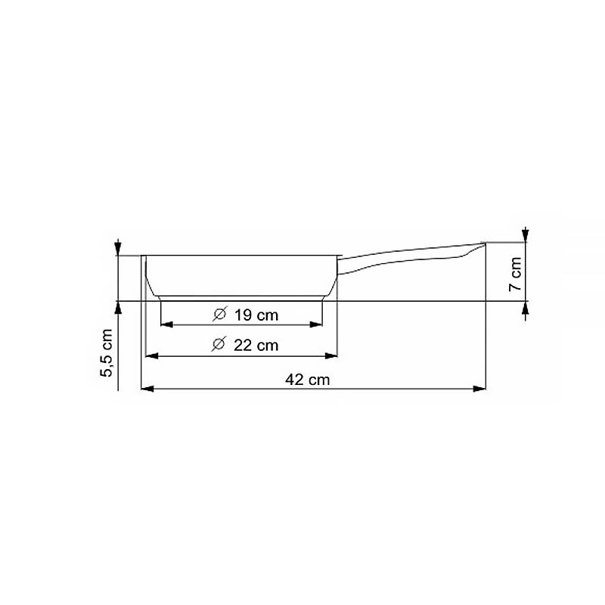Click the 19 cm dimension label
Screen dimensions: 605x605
click(x=256, y=315)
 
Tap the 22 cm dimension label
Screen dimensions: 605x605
click(x=256, y=346)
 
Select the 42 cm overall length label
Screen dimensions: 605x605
click(x=308, y=380)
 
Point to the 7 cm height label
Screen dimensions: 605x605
click(x=516, y=274)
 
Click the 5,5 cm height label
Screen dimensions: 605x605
click(x=106, y=352)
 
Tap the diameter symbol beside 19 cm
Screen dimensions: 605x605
click(x=220, y=314)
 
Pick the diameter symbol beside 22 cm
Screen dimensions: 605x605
click(x=219, y=344)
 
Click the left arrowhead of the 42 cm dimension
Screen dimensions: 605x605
click(x=147, y=389)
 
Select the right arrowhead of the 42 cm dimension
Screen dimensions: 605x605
click(x=479, y=389)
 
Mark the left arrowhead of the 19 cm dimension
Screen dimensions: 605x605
click(x=166, y=324)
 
